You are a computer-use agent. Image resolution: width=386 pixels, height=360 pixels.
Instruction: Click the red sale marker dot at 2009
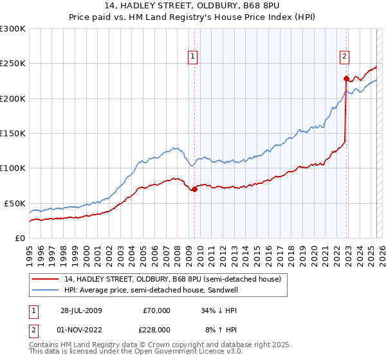(195, 189)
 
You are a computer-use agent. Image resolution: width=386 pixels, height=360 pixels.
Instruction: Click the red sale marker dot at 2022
(346, 79)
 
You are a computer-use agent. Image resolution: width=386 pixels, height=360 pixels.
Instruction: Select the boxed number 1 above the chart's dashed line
(193, 56)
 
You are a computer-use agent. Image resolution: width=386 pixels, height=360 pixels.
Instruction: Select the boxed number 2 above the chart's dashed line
(345, 56)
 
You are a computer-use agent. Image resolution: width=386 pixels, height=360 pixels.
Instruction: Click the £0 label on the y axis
(19, 238)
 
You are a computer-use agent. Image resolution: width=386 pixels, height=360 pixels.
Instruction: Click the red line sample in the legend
(45, 280)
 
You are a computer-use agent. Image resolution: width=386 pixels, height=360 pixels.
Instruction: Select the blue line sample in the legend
(45, 291)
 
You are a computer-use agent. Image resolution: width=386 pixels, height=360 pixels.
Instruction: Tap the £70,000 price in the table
(156, 310)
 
